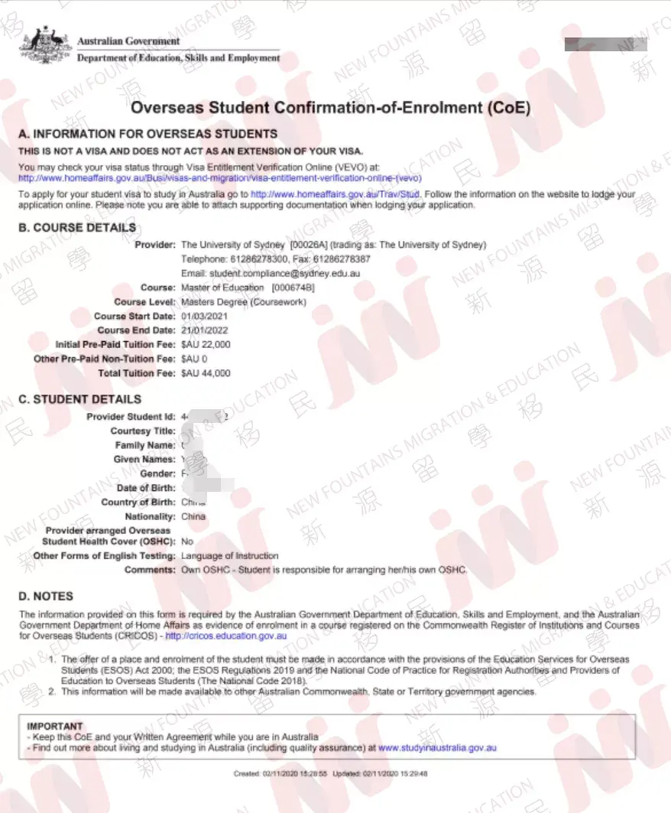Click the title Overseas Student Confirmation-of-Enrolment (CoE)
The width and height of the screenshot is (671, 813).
[330, 108]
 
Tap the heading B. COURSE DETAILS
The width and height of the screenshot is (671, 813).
[77, 227]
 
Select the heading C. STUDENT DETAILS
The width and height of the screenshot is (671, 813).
[79, 399]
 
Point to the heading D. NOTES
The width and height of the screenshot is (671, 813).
[46, 596]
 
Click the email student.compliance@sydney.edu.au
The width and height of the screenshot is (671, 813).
[271, 273]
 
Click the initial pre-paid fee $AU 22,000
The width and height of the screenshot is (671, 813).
[206, 345]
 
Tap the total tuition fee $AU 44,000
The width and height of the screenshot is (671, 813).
[206, 373]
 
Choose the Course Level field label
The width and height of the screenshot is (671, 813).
[144, 302]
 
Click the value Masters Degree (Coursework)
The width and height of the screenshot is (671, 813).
[243, 302]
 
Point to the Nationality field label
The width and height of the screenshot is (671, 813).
[150, 516]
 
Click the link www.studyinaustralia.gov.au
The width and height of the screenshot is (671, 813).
[437, 747]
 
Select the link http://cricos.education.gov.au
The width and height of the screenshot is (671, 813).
[226, 635]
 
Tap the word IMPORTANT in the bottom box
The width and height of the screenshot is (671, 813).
[55, 726]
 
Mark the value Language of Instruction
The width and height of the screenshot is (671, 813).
[229, 555]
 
